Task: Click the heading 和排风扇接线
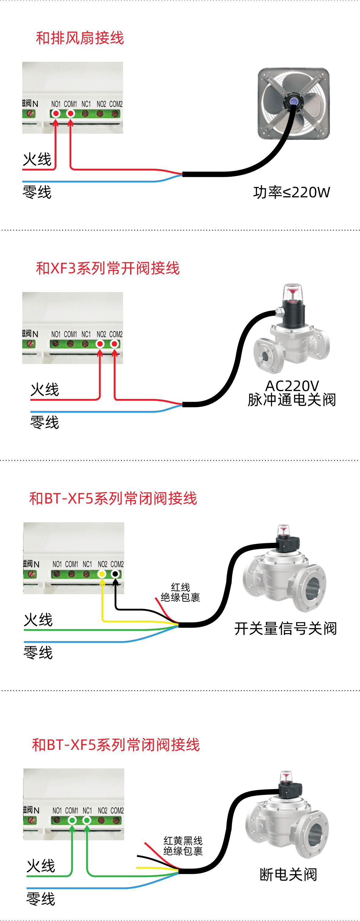coord(80,38)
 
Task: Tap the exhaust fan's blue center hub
coord(294,101)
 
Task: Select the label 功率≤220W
coord(291,192)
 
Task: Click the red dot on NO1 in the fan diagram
coord(56,114)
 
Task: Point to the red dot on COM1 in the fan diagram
coord(70,114)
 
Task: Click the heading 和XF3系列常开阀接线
coord(107,268)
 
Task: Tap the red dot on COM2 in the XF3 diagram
coord(115,344)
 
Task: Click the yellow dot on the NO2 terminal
coord(102,574)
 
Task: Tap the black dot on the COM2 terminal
coord(115,574)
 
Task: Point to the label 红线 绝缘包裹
coord(180,592)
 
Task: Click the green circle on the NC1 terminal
coord(87,820)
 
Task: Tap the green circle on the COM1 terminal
coord(72,820)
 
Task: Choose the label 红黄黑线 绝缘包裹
coord(183,846)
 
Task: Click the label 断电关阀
coord(288,874)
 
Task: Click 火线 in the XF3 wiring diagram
coord(45,389)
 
